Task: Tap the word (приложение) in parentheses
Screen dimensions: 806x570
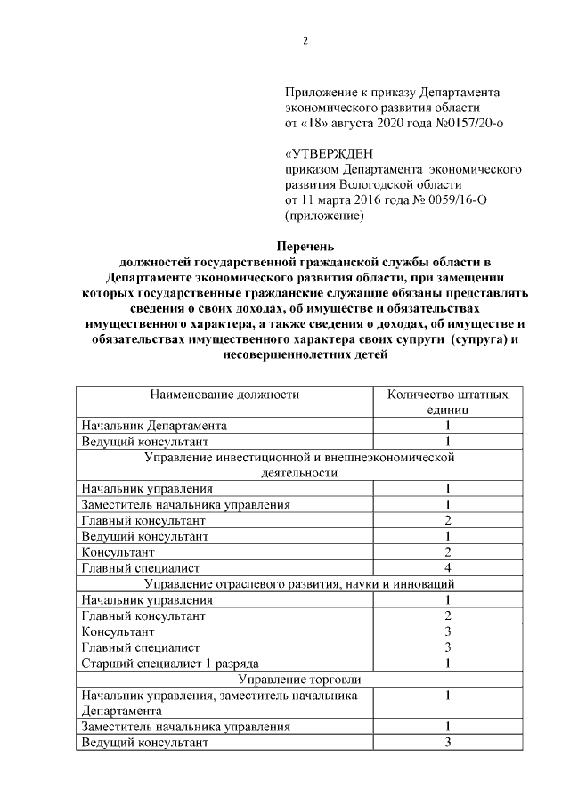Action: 325,215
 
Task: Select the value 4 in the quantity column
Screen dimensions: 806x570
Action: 448,567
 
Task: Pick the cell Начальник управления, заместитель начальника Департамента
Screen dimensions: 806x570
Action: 219,703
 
